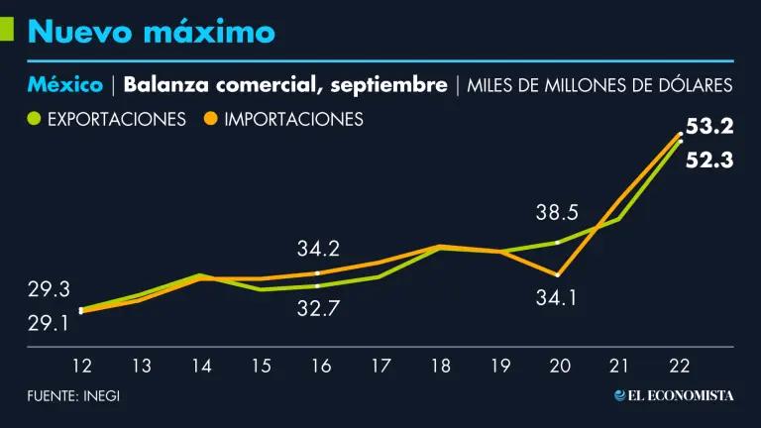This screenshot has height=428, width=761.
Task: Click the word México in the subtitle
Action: point(65,85)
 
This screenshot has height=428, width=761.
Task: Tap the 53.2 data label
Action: point(709,126)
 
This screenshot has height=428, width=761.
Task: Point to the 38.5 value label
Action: point(558,212)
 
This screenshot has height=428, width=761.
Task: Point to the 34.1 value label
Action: point(558,296)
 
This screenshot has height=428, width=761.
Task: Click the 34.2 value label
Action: point(317,249)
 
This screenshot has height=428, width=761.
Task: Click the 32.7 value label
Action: point(317,308)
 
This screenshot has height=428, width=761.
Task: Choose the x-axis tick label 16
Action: point(321,367)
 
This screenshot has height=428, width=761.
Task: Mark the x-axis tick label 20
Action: point(560,367)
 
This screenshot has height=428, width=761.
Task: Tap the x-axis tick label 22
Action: point(680,367)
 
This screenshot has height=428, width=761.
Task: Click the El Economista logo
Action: point(674,395)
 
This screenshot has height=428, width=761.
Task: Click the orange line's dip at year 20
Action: point(559,274)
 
